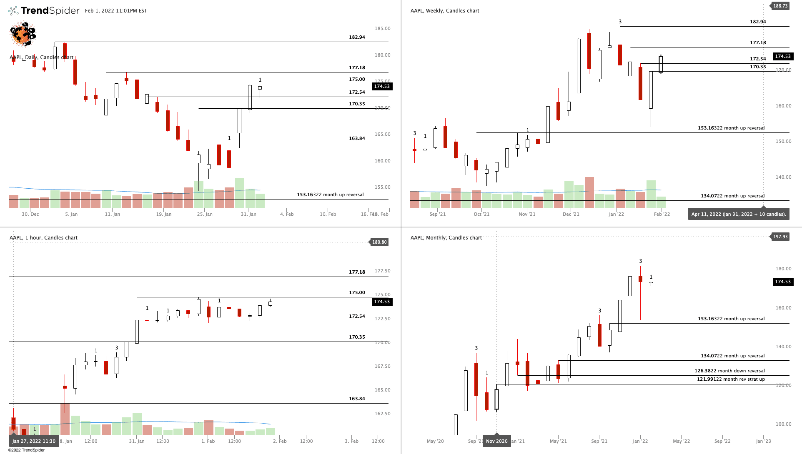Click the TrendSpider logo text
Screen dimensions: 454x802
click(50, 10)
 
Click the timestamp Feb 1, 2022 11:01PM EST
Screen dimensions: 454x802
click(116, 11)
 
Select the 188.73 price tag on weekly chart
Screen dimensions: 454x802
click(780, 6)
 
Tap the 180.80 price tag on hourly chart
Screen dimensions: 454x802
click(379, 242)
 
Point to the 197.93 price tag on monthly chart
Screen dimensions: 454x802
click(780, 237)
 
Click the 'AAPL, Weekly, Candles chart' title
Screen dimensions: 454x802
click(445, 11)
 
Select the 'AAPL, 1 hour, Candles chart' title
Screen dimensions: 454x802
click(43, 238)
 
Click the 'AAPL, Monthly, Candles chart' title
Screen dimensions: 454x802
click(446, 238)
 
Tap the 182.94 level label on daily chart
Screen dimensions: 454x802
click(357, 37)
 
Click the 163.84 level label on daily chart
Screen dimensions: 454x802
click(357, 138)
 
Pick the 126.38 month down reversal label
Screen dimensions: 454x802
click(729, 371)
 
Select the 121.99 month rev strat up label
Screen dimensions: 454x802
click(731, 379)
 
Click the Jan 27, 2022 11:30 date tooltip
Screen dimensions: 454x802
click(34, 441)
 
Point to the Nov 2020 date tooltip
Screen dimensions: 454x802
click(496, 441)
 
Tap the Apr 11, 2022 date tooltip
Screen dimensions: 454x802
click(738, 214)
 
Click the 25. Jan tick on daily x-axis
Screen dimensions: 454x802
click(205, 214)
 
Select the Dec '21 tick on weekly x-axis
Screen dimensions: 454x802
click(571, 214)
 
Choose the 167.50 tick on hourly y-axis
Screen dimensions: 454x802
click(382, 366)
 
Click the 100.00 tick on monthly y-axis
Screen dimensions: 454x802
click(783, 424)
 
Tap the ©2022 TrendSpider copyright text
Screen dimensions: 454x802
click(26, 450)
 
